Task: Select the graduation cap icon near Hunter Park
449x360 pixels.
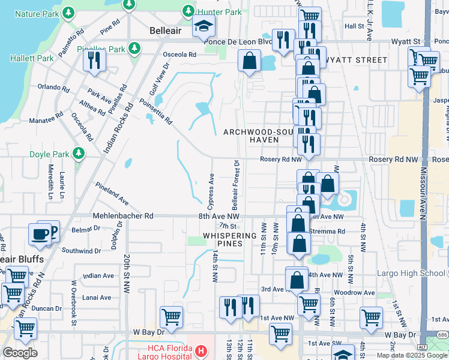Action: pos(204,26)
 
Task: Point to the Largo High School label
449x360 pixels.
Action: pos(411,274)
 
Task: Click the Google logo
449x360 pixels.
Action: pos(20,353)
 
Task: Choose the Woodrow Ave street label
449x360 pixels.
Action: pos(354,293)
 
